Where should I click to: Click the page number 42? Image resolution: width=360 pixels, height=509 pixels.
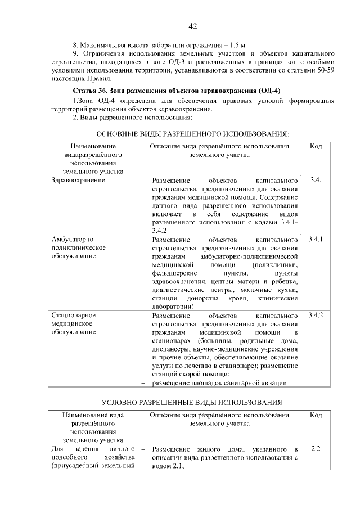coord(192,26)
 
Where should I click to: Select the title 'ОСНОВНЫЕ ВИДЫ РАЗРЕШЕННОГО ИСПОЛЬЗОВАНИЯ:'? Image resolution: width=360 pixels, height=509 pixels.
coord(193,134)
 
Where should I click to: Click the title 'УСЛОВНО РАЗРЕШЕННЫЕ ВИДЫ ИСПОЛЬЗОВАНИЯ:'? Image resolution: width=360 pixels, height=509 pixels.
coord(193,403)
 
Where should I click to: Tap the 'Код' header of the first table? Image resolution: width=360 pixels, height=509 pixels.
coord(316,146)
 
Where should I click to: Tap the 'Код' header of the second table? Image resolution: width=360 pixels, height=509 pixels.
coord(316,415)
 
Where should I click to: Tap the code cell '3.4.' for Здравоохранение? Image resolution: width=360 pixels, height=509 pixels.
coord(316,181)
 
